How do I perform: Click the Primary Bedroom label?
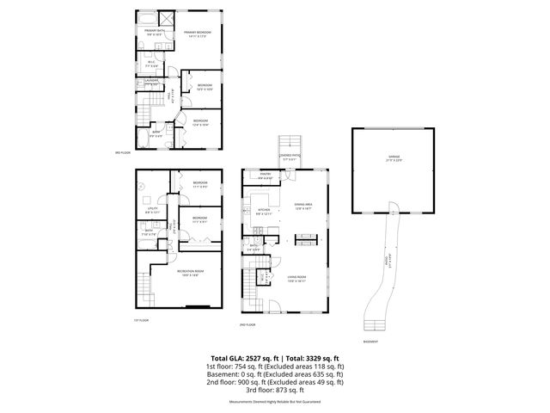pos(198,34)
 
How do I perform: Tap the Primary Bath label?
pos(154,33)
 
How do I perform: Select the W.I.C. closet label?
pos(151,62)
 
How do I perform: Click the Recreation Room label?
pos(190,274)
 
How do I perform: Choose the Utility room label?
pos(151,209)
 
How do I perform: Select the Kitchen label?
pos(264,210)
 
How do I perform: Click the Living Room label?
pos(296,279)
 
